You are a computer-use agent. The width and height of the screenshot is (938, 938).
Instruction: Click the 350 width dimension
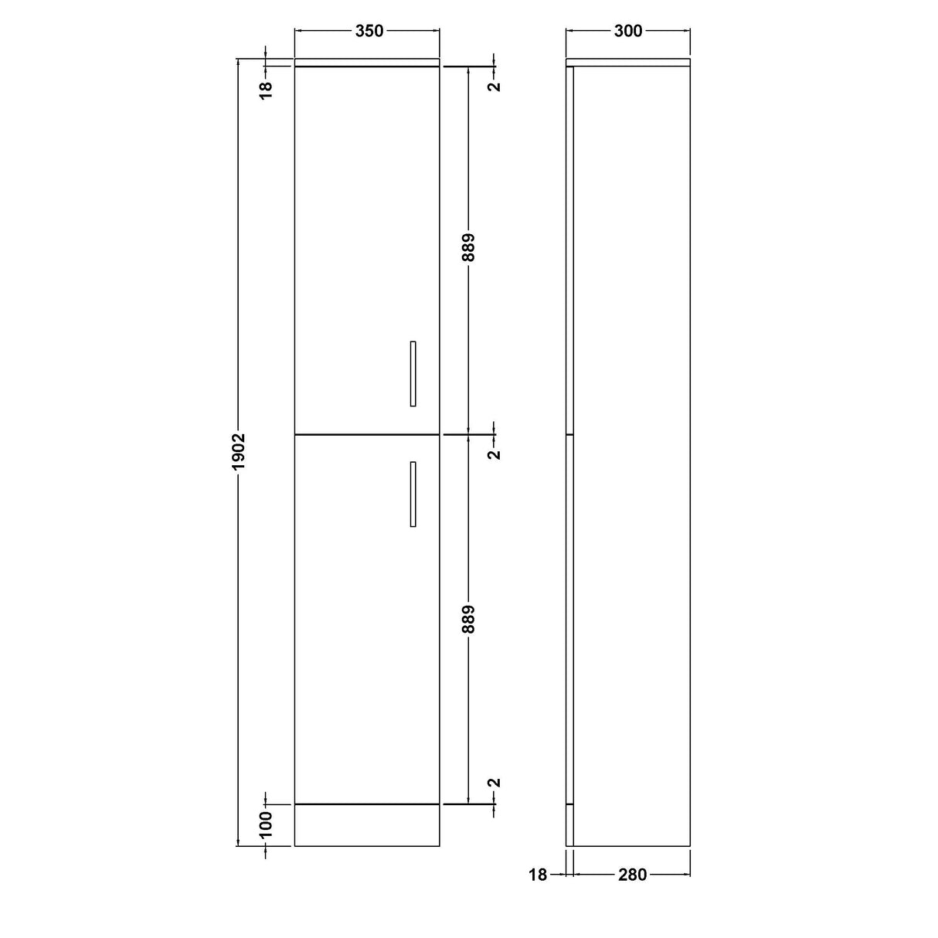[x=369, y=31]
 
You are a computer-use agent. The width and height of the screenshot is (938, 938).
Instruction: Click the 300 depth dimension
[x=628, y=31]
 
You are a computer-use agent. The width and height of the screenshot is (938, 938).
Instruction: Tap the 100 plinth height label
[x=266, y=824]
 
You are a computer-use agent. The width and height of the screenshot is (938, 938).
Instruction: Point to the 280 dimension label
[x=632, y=875]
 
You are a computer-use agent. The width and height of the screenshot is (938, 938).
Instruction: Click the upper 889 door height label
[x=469, y=248]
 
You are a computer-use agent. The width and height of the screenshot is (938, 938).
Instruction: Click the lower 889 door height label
[x=469, y=619]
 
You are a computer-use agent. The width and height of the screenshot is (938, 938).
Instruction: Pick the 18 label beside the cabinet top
[x=266, y=89]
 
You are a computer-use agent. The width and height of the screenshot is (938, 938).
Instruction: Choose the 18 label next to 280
[x=538, y=875]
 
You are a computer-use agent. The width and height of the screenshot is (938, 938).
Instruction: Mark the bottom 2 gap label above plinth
[x=495, y=783]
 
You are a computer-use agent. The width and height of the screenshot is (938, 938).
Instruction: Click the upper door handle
[x=413, y=373]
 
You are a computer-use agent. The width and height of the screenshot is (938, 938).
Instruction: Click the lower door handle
[x=413, y=494]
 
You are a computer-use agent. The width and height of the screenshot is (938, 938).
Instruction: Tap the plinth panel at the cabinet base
[x=367, y=825]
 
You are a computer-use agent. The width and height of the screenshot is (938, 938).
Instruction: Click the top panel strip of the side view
[x=628, y=62]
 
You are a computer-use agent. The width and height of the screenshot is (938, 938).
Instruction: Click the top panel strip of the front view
[x=367, y=62]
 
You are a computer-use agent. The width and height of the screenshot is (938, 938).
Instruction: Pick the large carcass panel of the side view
[x=632, y=456]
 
